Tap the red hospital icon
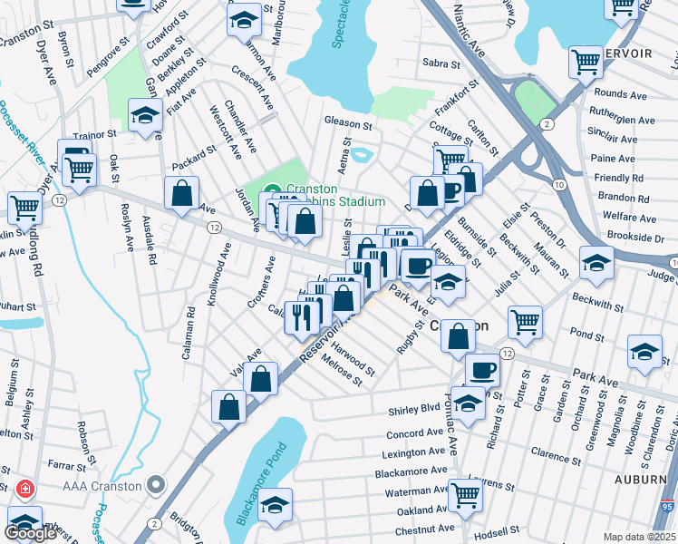coord(24,489)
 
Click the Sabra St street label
coord(442,63)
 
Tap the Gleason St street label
coord(349,125)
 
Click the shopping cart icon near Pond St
coord(525,320)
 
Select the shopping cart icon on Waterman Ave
coord(465,494)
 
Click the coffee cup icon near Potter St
coord(482,369)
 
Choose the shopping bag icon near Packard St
coord(182,192)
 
